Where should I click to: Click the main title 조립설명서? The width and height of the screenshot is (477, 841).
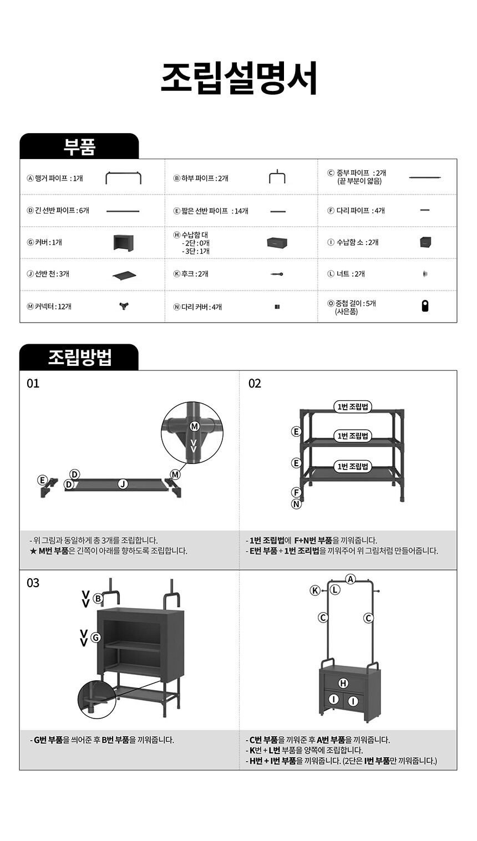click(x=239, y=78)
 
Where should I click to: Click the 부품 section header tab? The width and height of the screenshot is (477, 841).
click(x=79, y=146)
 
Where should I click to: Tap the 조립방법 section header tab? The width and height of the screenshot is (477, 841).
click(x=79, y=357)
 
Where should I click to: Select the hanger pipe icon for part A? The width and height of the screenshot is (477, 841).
click(x=124, y=177)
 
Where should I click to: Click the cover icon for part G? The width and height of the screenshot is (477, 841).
click(x=124, y=242)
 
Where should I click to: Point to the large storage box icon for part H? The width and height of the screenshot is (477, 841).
click(x=277, y=242)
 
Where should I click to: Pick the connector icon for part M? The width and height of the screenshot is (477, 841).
click(x=124, y=306)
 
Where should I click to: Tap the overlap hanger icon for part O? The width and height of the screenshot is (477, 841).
click(x=425, y=306)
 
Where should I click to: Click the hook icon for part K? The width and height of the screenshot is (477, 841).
click(x=277, y=274)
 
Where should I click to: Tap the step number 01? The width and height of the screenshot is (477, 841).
click(x=33, y=383)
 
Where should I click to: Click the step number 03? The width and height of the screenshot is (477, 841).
click(x=33, y=583)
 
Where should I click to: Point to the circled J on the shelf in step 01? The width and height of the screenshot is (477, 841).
click(x=123, y=485)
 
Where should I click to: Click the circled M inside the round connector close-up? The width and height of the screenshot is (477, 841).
click(x=195, y=426)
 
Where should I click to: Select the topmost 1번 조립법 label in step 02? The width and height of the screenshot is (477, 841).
click(x=353, y=406)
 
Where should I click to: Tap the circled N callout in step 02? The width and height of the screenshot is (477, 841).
click(x=297, y=504)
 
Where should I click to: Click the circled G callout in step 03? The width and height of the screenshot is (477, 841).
click(x=96, y=638)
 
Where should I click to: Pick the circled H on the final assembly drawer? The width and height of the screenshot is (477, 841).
click(x=343, y=683)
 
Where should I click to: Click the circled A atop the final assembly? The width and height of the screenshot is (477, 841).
click(x=351, y=579)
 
